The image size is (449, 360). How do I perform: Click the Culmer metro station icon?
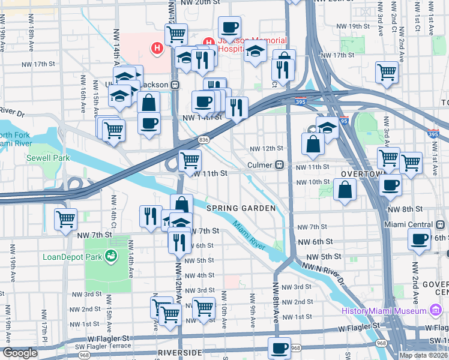point(279,165)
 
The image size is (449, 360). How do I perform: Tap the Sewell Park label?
point(47,158)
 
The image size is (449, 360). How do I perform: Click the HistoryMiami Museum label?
point(384,310)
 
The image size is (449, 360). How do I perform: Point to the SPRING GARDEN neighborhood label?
point(241,208)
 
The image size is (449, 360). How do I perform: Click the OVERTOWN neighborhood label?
point(362,173)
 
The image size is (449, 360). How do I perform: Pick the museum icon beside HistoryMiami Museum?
point(436,310)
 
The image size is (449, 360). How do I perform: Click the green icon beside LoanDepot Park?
point(110,257)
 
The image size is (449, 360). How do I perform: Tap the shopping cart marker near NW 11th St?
point(190,160)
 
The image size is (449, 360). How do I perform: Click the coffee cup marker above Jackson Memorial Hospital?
point(229,26)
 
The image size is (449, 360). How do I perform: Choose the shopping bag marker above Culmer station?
point(313,143)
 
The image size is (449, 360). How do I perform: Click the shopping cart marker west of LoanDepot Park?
point(65,218)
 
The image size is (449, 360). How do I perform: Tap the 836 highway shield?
point(203,139)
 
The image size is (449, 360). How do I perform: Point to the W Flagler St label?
point(359,328)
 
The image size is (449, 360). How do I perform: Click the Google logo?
point(20,353)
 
